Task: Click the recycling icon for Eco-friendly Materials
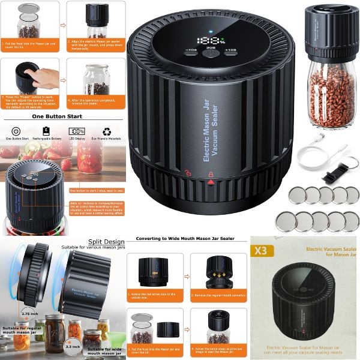coord(106,131)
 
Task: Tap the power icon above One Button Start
coord(16,131)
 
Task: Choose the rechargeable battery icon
coord(46,131)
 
